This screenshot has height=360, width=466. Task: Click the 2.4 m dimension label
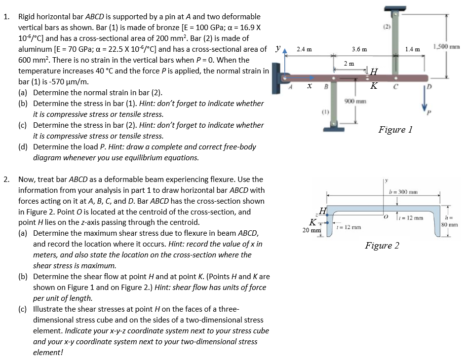(x=304, y=49)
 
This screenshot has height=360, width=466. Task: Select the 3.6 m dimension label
(x=359, y=49)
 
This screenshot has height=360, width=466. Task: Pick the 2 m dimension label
(x=349, y=64)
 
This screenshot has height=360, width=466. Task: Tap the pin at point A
(x=285, y=77)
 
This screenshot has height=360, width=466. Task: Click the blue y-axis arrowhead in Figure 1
(x=285, y=57)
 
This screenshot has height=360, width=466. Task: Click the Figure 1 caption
(x=395, y=130)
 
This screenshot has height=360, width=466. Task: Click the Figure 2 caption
(x=382, y=246)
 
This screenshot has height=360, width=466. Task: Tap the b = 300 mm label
(x=403, y=192)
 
